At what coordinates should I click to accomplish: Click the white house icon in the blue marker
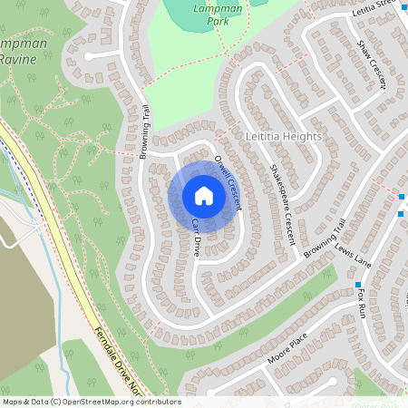point(204,196)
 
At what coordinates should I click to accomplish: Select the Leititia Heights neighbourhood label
point(284,136)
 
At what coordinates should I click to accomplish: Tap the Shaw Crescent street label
point(371,63)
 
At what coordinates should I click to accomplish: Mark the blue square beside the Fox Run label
point(358,285)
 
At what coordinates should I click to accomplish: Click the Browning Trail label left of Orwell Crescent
point(144,132)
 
